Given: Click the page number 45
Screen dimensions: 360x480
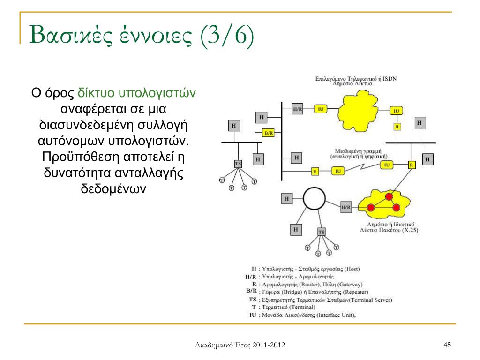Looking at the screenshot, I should pos(447,345).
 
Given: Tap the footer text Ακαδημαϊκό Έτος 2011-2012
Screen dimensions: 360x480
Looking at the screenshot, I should pos(240,345).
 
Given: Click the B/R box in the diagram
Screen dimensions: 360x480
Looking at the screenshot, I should pos(268,133).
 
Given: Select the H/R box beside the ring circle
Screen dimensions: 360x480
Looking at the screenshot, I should pos(346,207).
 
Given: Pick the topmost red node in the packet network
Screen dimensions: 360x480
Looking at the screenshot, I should pos(389,196).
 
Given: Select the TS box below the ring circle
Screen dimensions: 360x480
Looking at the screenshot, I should pos(321,232).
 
